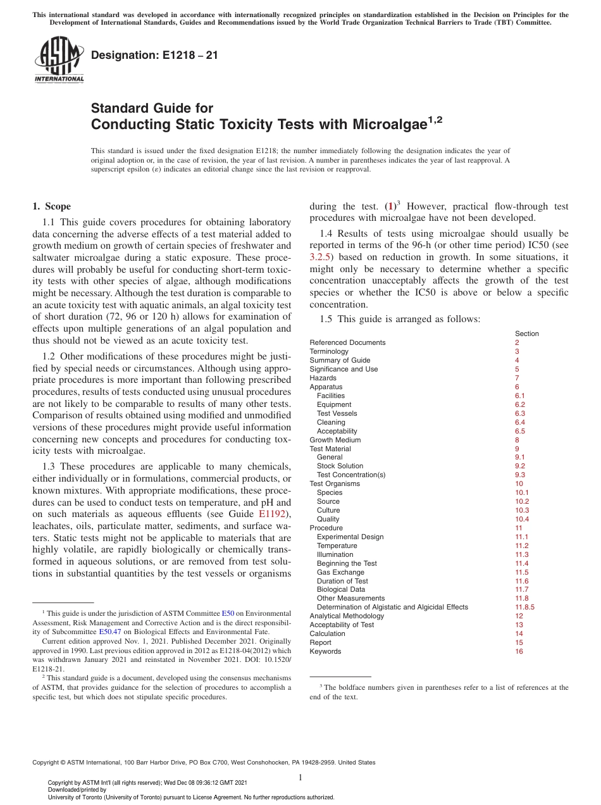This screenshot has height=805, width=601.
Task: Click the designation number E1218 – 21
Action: (154, 55)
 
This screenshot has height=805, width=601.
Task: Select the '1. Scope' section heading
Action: (51, 206)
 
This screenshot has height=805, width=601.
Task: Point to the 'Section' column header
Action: (526, 334)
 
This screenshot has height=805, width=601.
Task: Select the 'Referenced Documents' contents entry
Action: (347, 342)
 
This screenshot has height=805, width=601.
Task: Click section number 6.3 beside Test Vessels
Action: (520, 413)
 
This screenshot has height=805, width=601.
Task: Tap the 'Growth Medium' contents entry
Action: (335, 440)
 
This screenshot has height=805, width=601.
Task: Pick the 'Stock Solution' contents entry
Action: (340, 466)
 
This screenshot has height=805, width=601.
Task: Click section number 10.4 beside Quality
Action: (522, 519)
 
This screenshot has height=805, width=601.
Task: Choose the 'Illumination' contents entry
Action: (335, 554)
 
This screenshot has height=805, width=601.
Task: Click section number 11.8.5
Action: (524, 607)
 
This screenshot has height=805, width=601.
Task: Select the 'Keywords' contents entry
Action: (325, 651)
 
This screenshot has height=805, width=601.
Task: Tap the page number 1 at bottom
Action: (300, 778)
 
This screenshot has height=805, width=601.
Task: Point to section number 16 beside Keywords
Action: (519, 651)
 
